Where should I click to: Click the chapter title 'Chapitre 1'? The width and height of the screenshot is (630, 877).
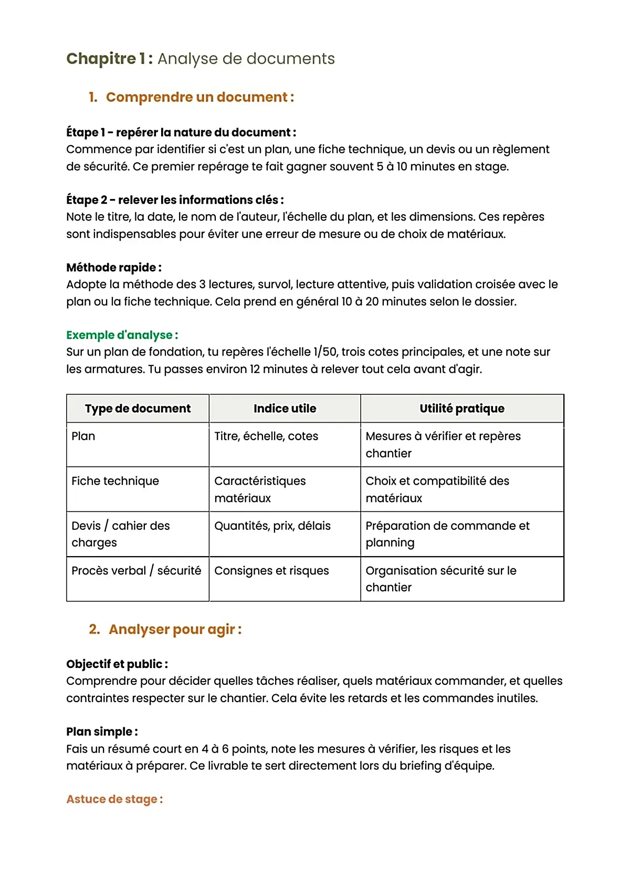pos(109,58)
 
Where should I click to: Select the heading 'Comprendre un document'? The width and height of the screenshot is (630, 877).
pos(199,97)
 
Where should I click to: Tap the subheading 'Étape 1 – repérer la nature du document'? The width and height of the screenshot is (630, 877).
pos(181,132)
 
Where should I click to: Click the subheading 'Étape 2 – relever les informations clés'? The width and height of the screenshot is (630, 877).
pos(175,200)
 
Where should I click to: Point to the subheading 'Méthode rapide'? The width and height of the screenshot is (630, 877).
pos(113,267)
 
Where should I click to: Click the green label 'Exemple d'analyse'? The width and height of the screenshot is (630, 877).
pos(122,335)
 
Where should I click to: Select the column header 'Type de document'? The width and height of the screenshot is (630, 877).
pos(138,409)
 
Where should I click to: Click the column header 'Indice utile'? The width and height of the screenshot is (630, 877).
pos(285,409)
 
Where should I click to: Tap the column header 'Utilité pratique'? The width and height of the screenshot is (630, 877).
pos(461,409)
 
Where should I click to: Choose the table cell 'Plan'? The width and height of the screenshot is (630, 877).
pos(83,436)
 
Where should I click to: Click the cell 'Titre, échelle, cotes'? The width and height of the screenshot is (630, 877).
pos(266,436)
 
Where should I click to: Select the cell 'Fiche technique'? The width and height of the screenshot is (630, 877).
pos(115,481)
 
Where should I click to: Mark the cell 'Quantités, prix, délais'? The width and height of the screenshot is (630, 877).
pos(272,526)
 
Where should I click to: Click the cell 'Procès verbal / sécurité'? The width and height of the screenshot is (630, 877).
pos(136,571)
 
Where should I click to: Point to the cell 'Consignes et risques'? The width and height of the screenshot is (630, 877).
pos(271,571)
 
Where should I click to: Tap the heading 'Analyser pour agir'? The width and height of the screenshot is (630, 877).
pos(175,629)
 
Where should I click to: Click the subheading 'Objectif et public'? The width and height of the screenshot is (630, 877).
pos(117,664)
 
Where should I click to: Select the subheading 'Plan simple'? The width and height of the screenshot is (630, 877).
pos(102,732)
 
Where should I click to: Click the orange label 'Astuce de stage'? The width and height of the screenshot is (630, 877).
pos(114,799)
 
